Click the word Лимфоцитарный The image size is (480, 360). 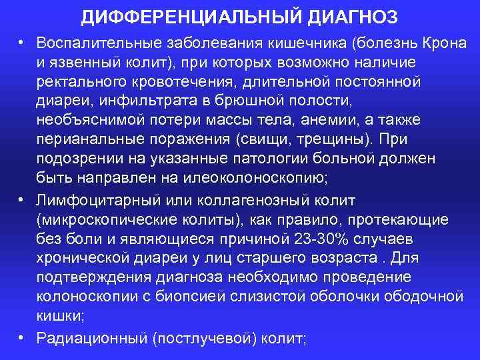point(88,201)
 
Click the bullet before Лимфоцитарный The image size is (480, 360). point(21,201)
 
